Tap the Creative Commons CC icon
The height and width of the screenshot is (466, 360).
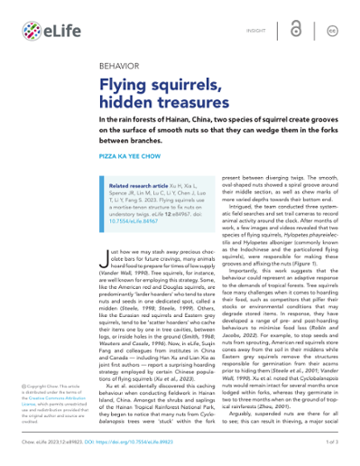pos(331,32)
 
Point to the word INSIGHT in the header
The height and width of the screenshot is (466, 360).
pos(255,32)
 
